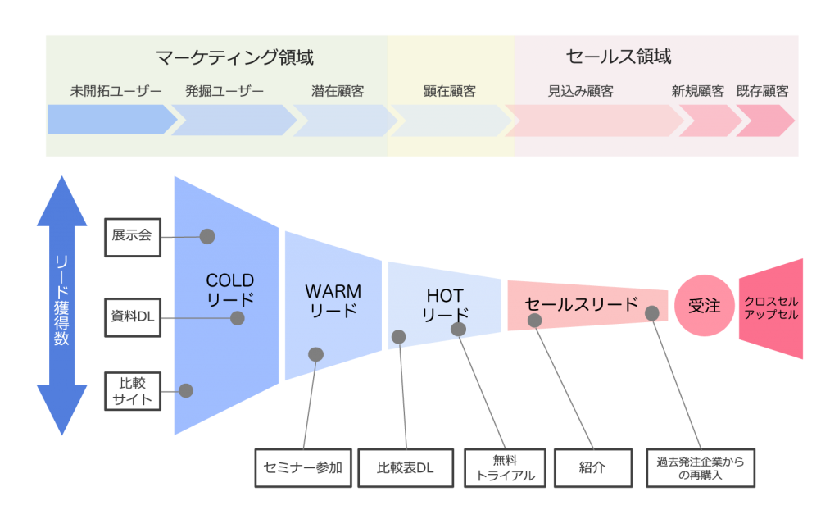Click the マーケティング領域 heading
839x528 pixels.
(235, 57)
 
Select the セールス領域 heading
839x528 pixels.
(618, 57)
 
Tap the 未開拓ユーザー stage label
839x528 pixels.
(116, 91)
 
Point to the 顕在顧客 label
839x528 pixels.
(449, 91)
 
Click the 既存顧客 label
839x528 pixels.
(762, 91)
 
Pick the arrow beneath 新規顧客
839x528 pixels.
(709, 121)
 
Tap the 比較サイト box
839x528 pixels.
(132, 391)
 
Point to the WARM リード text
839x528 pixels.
(333, 301)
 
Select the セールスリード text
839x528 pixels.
(582, 304)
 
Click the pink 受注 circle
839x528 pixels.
(704, 306)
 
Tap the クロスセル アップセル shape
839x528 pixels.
(771, 308)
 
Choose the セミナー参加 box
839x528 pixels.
(302, 468)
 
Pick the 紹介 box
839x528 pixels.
(593, 468)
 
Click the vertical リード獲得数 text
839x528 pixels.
(62, 299)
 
